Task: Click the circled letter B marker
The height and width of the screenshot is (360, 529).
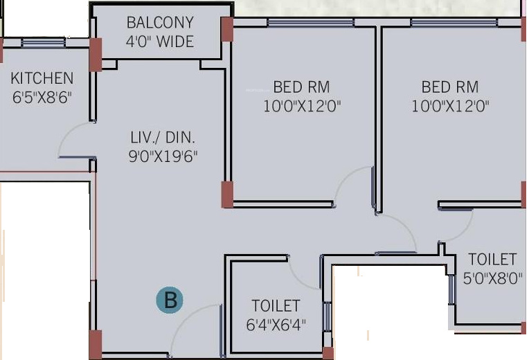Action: coord(170,300)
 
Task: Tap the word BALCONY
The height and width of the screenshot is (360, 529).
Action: coord(160,23)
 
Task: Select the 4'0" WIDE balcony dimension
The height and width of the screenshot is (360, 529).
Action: coord(160,42)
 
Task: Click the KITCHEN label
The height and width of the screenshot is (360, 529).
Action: coord(42,78)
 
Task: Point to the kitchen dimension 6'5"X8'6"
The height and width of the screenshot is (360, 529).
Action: coord(42,98)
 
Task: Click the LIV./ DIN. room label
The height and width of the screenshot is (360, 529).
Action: coord(163,137)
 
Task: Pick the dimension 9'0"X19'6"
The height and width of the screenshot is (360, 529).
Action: coord(163,156)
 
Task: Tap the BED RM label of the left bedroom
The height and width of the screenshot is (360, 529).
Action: coord(301,87)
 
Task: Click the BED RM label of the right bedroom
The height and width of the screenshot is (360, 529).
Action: coord(450,87)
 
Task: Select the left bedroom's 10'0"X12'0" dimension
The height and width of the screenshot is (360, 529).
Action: coord(302,107)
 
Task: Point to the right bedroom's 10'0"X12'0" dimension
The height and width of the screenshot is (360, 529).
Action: coord(450,107)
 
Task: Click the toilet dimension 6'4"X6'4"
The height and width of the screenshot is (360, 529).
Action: coord(276,325)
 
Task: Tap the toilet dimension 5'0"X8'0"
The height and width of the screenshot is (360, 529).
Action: coord(492,279)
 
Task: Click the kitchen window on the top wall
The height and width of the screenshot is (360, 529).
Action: coord(43,42)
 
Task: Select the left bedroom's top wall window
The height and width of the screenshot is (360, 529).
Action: coord(310,23)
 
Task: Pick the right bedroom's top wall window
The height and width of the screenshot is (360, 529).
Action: coord(454,23)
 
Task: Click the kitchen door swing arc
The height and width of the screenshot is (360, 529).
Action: coord(66,133)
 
